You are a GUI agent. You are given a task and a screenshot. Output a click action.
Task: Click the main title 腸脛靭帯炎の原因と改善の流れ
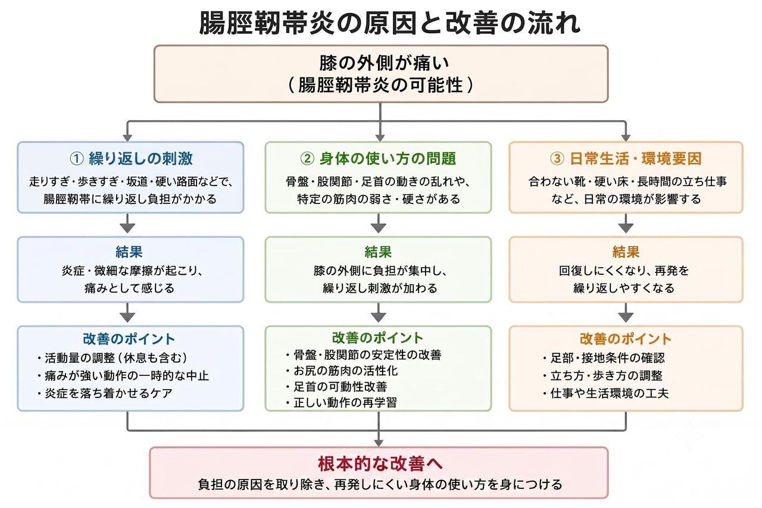click(390, 23)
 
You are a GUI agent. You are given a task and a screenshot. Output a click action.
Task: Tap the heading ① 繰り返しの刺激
click(131, 158)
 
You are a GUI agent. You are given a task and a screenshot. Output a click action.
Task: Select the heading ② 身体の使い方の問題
click(378, 158)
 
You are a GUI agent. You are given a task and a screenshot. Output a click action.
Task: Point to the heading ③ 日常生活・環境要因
click(626, 158)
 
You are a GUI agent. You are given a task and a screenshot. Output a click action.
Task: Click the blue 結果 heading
click(129, 252)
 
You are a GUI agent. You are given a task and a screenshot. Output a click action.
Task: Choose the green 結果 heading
click(378, 252)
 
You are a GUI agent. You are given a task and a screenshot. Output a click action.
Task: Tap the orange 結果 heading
click(626, 252)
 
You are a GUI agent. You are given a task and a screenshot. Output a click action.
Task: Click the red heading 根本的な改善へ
click(380, 464)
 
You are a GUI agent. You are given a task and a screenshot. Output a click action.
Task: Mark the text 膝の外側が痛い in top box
click(384, 63)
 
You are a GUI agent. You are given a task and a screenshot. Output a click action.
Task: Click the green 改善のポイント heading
click(377, 338)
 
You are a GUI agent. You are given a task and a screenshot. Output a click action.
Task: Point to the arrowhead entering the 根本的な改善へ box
click(379, 443)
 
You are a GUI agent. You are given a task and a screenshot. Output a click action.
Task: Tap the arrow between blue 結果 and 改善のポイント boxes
click(127, 312)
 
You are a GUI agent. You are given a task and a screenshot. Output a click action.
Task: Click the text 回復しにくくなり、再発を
click(624, 271)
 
